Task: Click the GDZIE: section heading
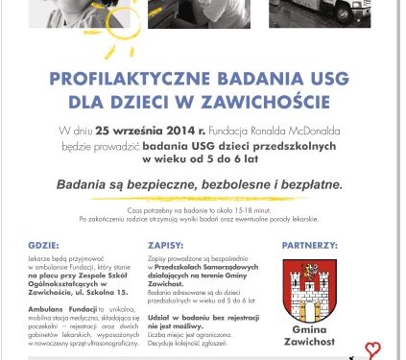[x=44, y=245]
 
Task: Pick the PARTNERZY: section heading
[x=309, y=245]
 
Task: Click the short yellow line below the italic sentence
[x=202, y=197]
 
